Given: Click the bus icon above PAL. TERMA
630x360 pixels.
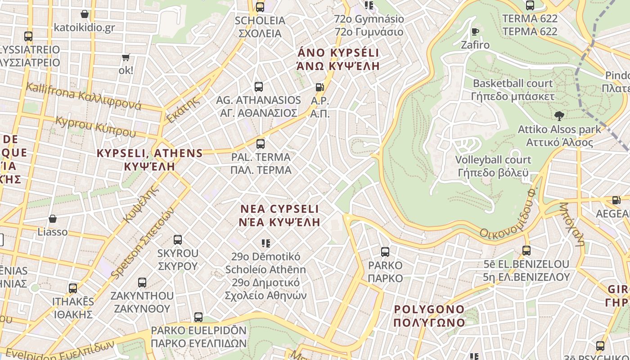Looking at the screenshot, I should point(260,144).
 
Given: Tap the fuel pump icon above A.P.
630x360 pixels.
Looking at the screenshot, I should point(319,87).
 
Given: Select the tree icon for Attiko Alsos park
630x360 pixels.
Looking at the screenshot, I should point(559,116).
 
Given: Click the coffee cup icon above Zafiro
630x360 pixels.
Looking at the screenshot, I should point(475,31).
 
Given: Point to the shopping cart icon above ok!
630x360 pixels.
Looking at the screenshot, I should point(126,57).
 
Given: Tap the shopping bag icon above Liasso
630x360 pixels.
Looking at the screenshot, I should point(53,219).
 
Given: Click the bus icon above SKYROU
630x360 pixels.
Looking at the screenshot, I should point(178,240).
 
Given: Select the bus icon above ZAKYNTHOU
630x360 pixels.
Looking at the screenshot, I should point(142,283).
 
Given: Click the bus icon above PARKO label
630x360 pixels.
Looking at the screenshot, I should point(385,252).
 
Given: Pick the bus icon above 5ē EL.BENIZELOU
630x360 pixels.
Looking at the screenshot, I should point(526,251).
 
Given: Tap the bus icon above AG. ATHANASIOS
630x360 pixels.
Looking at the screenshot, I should point(258,87).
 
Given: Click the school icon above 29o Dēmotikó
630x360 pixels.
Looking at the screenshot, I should point(266,243).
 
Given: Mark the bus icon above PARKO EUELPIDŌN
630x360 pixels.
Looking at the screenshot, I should point(198,317).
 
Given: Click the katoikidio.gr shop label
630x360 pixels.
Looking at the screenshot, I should point(84,27).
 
